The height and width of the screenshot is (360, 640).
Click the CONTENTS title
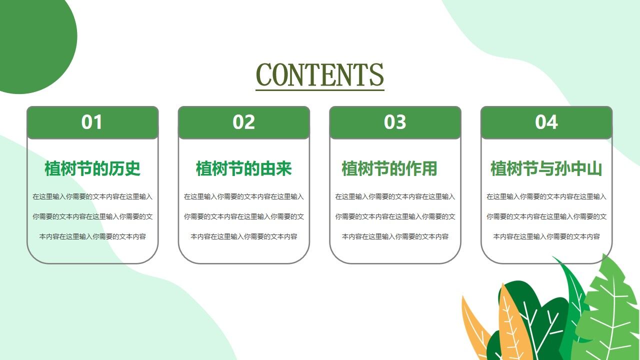click(x=320, y=75)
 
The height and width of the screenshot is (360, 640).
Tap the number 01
click(x=92, y=122)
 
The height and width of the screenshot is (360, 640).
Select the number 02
click(x=243, y=122)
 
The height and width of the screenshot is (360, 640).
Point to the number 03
click(x=395, y=122)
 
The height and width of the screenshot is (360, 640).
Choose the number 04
click(x=546, y=122)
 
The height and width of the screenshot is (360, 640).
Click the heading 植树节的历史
click(x=92, y=169)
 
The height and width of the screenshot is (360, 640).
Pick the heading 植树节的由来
click(x=243, y=169)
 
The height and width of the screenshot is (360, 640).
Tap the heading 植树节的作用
click(x=389, y=169)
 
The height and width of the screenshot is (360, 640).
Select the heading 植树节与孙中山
click(x=546, y=169)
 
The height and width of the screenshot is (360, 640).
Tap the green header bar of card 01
click(x=50, y=123)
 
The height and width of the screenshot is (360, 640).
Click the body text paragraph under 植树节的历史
click(x=92, y=216)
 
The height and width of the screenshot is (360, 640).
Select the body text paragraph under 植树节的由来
click(x=243, y=216)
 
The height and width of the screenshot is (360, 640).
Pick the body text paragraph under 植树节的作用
click(x=395, y=216)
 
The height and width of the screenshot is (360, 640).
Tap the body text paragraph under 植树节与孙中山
click(x=546, y=216)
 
